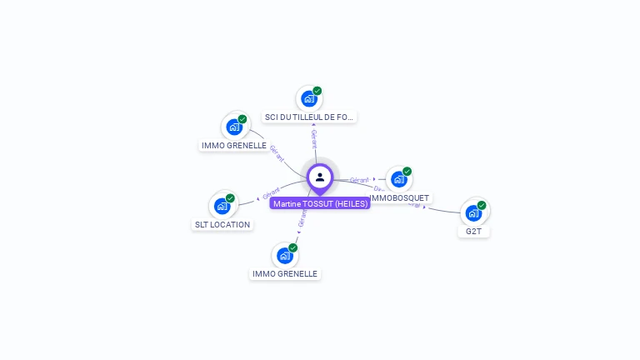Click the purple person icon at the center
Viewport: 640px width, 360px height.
[320, 177]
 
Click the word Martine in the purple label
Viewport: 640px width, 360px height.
[287, 203]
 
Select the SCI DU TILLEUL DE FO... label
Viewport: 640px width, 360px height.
[309, 117]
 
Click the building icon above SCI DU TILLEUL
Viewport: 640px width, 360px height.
[309, 99]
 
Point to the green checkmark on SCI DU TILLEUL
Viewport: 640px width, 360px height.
[317, 91]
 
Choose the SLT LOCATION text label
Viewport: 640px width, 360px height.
[222, 224]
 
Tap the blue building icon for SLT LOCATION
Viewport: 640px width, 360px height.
[222, 206]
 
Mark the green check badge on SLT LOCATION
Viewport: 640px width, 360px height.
[230, 198]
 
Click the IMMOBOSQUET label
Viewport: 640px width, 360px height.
[400, 197]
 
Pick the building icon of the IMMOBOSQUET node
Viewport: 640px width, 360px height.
[399, 179]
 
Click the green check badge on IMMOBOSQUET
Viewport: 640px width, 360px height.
[407, 172]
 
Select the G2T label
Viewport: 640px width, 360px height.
[473, 231]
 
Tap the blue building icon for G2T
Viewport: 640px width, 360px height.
[473, 212]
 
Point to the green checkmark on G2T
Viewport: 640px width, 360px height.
[482, 205]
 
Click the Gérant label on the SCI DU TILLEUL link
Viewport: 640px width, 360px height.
[314, 139]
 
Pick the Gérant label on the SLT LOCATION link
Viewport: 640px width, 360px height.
[272, 194]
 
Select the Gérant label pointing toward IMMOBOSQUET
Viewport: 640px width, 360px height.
[359, 180]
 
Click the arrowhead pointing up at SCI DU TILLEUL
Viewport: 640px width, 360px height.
[313, 125]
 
